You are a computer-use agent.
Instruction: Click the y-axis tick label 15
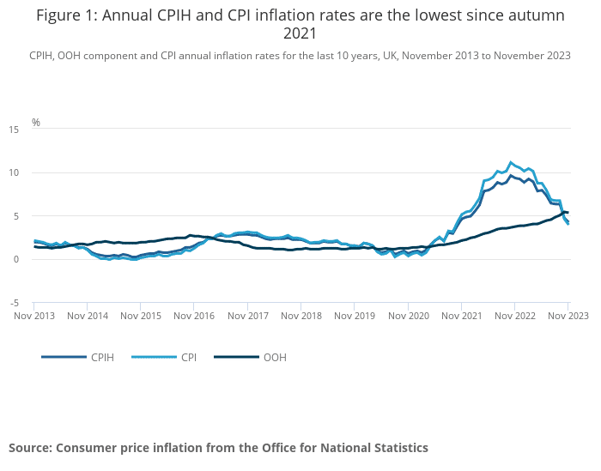point(13,130)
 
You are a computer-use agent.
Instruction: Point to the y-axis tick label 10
point(13,172)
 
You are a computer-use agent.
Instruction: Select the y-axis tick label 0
point(15,259)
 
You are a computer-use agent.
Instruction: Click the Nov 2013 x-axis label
point(33,316)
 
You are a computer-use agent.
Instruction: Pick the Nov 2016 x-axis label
point(194,316)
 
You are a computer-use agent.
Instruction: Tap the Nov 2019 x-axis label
point(354,316)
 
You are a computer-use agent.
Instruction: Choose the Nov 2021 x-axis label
point(461,316)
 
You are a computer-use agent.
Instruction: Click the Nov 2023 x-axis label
point(568,316)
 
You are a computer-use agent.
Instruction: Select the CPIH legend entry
point(101,357)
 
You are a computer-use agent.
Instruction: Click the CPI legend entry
point(188,357)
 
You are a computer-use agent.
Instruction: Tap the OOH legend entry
point(275,357)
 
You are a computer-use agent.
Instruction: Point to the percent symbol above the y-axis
point(36,123)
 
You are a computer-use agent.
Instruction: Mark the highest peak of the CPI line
point(511,161)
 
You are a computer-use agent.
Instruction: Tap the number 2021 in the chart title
point(300,33)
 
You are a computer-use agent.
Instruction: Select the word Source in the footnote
point(30,448)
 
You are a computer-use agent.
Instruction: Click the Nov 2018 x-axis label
point(300,316)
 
